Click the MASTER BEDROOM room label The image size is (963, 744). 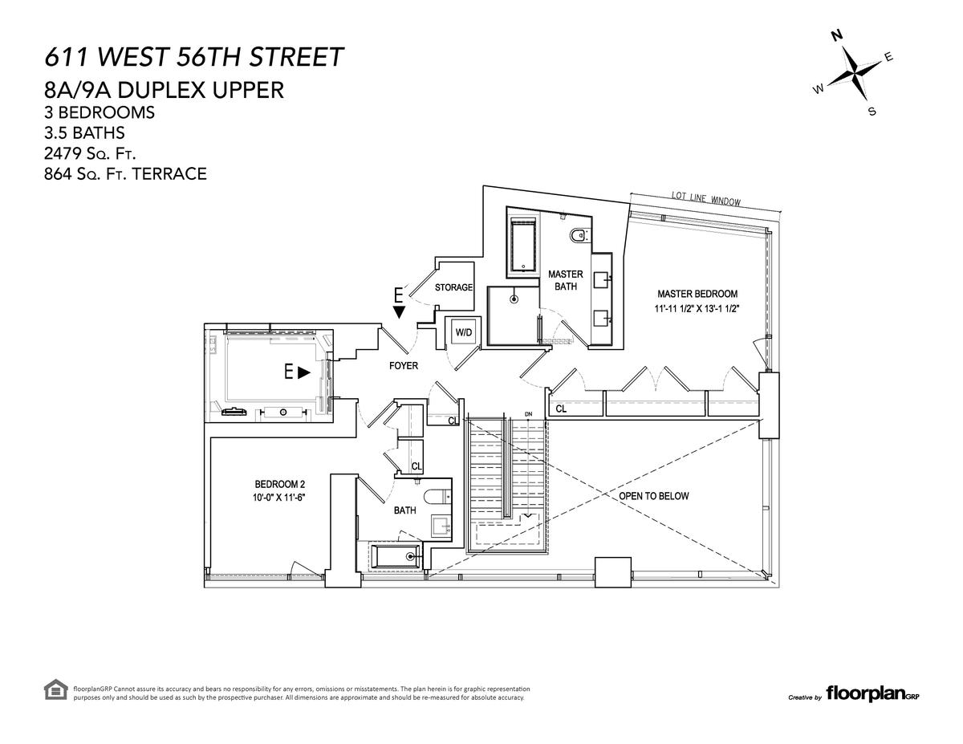[697, 294]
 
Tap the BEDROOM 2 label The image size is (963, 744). [279, 484]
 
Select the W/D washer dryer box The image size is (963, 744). [464, 332]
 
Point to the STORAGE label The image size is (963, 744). [453, 287]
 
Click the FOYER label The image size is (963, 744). [404, 365]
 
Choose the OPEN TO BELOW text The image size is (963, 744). [654, 496]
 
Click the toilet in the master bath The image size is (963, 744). [579, 236]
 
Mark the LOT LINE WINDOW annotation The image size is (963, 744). [706, 198]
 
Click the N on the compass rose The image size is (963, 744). [837, 35]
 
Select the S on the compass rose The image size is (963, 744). [872, 112]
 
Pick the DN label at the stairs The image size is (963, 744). [528, 414]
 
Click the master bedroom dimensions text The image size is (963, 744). [697, 308]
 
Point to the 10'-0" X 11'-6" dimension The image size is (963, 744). [279, 498]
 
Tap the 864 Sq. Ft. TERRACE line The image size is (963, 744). [125, 173]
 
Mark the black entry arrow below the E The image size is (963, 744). [399, 312]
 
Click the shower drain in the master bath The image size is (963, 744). [514, 299]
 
